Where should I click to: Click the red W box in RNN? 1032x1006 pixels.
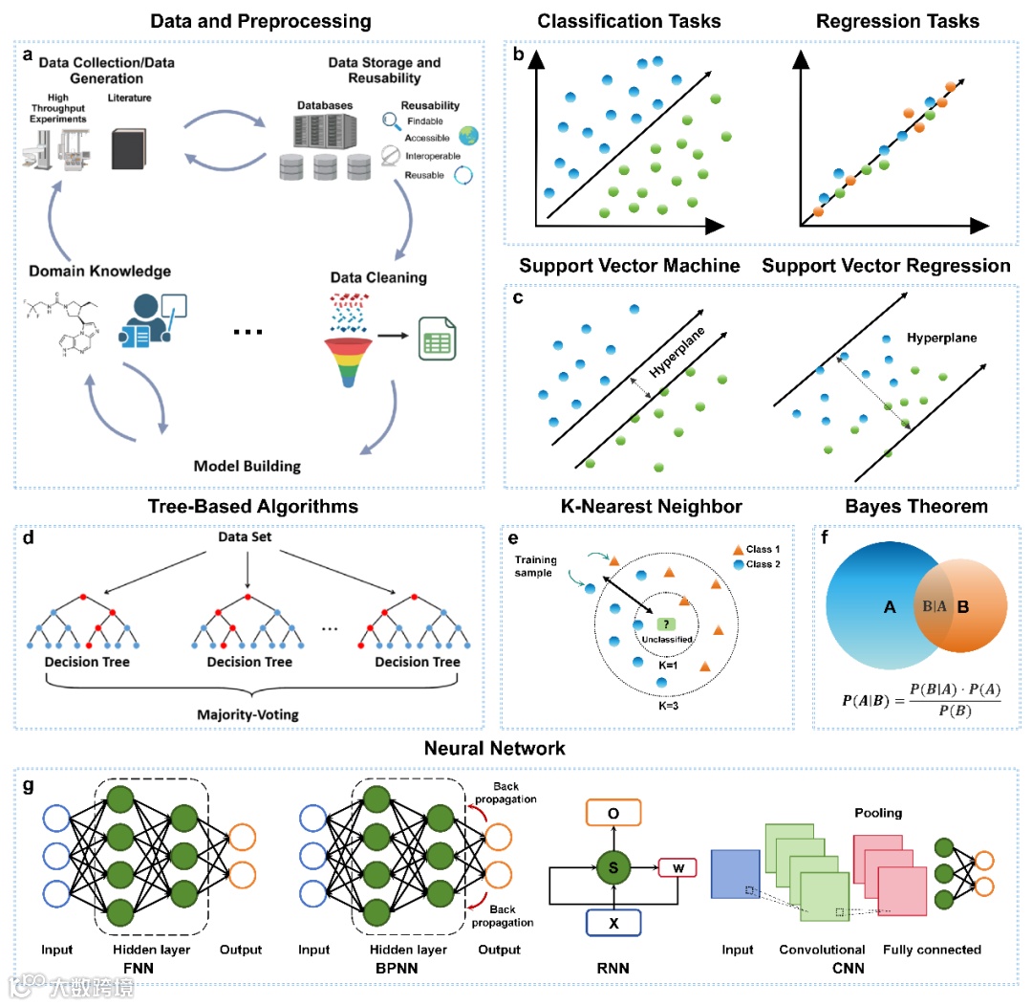tap(677, 868)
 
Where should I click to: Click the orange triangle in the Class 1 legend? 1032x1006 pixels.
tap(737, 550)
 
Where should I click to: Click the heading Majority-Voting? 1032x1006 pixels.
tap(251, 713)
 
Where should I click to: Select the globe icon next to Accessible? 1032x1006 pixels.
tap(468, 136)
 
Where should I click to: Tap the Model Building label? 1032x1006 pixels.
tap(247, 467)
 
